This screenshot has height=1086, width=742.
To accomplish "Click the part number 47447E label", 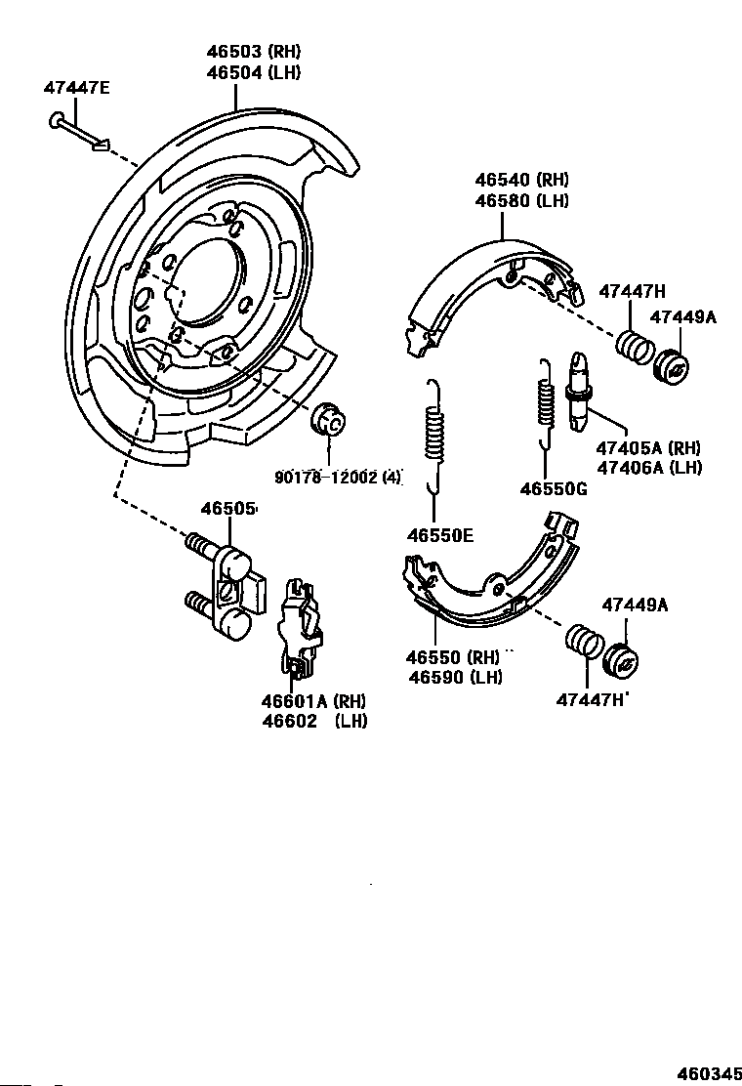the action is point(77,88).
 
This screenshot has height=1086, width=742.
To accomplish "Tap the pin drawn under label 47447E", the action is point(79,132).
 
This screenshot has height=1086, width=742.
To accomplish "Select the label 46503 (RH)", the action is point(253,51).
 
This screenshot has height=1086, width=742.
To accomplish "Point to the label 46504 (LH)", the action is point(253,72).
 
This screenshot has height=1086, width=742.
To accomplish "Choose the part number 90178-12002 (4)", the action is point(339,478).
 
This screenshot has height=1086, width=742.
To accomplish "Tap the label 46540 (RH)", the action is point(521,180).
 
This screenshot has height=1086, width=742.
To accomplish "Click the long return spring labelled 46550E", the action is point(434,437).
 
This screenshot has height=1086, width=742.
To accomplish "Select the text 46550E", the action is point(440,535).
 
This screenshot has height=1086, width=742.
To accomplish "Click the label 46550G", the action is point(554,489).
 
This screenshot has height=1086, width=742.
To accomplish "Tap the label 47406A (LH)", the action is point(649,468).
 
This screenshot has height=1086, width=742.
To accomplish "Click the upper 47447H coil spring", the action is point(634,347).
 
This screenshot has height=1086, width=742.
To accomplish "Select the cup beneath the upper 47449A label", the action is point(671,368).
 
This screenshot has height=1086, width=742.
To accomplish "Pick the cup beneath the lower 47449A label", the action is point(620,662).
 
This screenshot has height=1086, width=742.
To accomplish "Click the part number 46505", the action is point(227,509).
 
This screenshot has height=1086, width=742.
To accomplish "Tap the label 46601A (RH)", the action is point(313,701).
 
